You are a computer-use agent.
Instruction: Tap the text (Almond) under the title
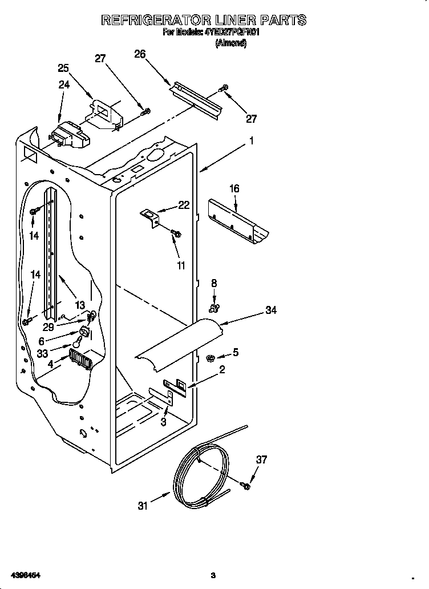(230, 43)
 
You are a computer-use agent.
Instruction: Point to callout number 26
(140, 54)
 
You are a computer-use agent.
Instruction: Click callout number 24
(64, 84)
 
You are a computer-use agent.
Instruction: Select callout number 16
(234, 189)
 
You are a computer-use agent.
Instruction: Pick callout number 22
(184, 205)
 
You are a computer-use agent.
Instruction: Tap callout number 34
(271, 310)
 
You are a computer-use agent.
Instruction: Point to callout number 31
(143, 505)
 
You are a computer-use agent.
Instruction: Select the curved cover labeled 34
(177, 342)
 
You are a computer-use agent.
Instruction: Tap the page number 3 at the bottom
(212, 574)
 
